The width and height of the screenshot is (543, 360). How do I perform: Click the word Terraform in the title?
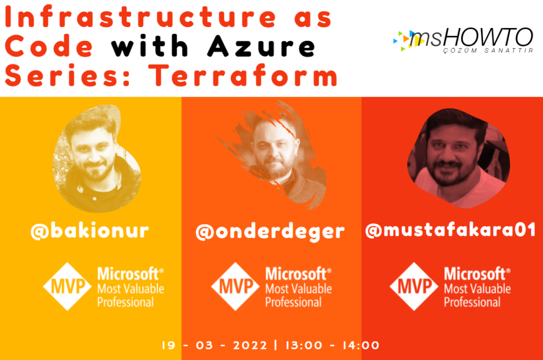tap(243, 75)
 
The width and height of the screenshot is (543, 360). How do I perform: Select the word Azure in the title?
tap(261, 46)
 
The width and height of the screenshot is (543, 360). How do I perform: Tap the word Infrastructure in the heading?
tap(140, 16)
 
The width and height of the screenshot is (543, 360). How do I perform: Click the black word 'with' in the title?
tap(150, 46)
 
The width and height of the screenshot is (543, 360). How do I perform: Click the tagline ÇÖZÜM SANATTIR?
tap(488, 50)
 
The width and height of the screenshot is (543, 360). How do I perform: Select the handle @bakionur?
tap(90, 231)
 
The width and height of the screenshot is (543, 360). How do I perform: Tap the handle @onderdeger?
tap(270, 232)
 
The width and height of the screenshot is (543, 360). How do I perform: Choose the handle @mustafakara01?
tap(451, 230)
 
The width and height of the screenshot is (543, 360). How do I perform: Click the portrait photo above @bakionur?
tap(97, 158)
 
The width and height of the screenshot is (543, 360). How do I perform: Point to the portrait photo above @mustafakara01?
tap(458, 159)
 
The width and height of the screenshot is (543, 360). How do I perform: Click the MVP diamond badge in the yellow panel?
tap(67, 287)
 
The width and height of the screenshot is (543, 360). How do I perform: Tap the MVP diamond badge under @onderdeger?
tap(235, 287)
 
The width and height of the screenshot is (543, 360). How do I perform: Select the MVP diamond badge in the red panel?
tap(414, 287)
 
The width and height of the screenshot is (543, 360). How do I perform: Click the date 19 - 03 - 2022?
tap(214, 345)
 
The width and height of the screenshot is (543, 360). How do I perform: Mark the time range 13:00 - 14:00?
tap(332, 345)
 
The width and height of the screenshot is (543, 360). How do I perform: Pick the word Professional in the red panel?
tap(472, 302)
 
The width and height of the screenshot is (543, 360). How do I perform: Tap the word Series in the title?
tap(67, 75)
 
